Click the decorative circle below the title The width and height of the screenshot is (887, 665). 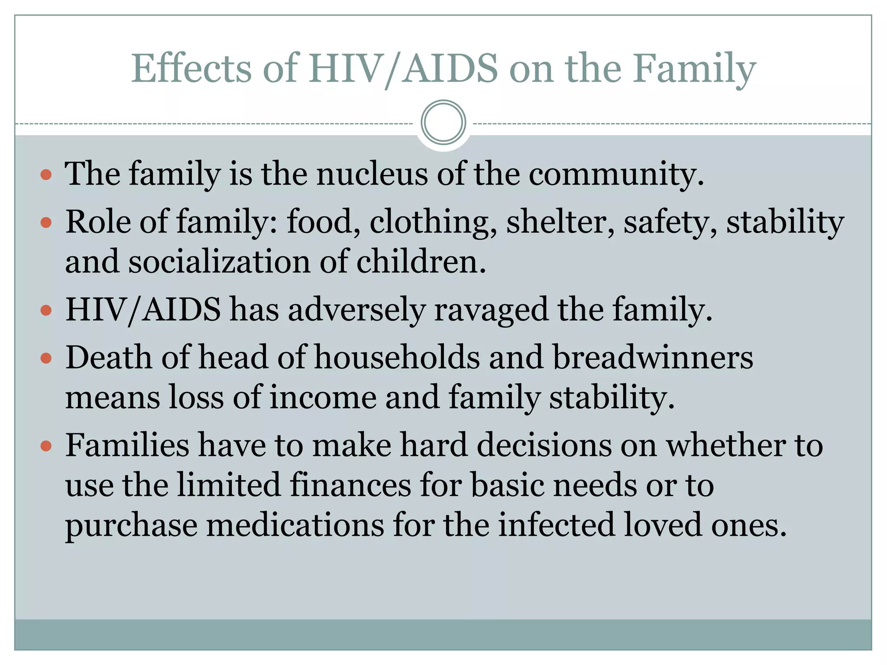click(443, 123)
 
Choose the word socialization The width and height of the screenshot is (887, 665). click(219, 262)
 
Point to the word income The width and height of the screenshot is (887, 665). click(323, 397)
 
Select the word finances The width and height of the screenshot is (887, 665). click(350, 485)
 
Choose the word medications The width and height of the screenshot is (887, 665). click(295, 525)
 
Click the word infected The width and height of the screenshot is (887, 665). click(556, 525)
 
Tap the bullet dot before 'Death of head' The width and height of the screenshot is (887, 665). click(46, 358)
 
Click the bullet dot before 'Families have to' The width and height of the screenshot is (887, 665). click(46, 446)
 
